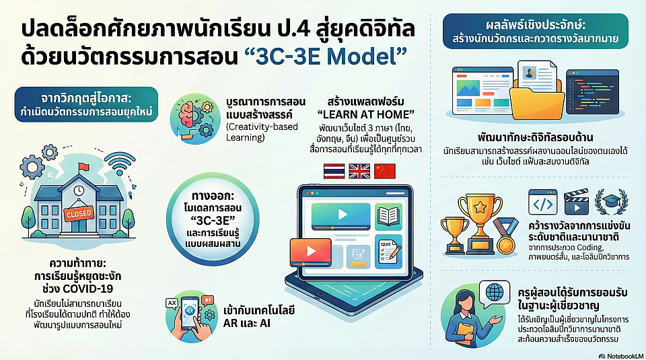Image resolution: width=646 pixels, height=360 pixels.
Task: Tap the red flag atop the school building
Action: [x=83, y=167]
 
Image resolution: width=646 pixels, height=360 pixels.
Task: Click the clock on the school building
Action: [x=79, y=190]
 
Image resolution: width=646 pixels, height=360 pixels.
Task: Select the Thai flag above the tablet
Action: [x=334, y=172]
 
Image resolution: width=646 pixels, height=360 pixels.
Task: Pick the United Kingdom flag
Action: [x=359, y=172]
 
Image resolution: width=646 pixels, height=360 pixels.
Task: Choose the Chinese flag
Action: [x=385, y=172]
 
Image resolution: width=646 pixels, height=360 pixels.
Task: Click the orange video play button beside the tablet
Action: [x=311, y=252]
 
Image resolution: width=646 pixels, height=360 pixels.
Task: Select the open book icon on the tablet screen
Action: [x=388, y=216]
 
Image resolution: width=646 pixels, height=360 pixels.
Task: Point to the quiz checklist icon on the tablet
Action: [x=388, y=252]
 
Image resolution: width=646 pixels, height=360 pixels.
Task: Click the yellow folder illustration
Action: [x=537, y=100]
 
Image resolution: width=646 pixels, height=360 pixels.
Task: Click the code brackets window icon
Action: [x=542, y=203]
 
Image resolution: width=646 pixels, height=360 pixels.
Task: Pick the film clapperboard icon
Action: [x=576, y=203]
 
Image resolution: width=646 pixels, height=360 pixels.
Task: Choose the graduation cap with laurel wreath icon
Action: [x=612, y=202]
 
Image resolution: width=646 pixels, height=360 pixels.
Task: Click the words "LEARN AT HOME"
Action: [x=366, y=114]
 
